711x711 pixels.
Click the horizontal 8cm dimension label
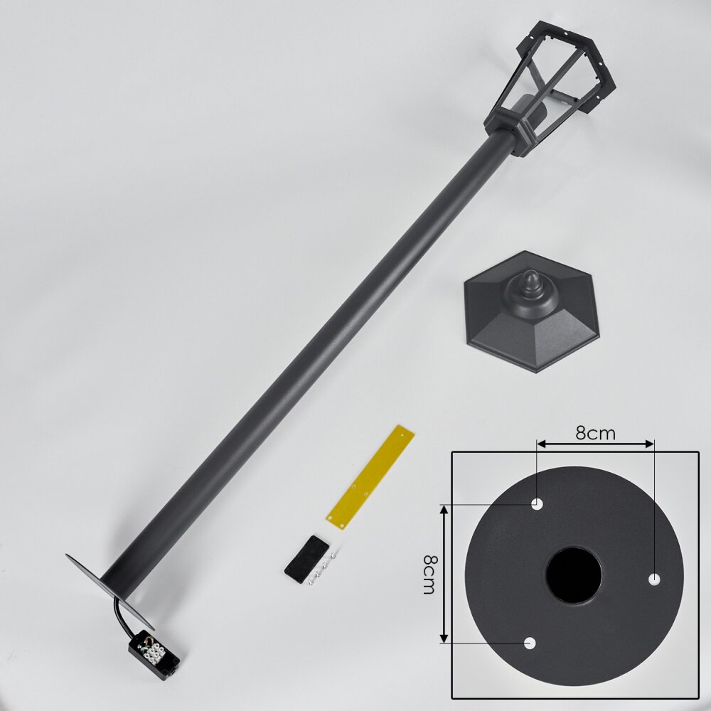(595, 434)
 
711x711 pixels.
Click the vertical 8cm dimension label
(429, 574)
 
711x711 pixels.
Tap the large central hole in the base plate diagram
(574, 575)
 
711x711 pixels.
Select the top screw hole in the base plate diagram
(537, 504)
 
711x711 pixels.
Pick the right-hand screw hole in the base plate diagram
(654, 579)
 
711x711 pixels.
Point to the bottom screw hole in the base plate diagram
(530, 643)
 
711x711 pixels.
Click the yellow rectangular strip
(370, 477)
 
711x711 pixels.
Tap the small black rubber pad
(306, 559)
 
